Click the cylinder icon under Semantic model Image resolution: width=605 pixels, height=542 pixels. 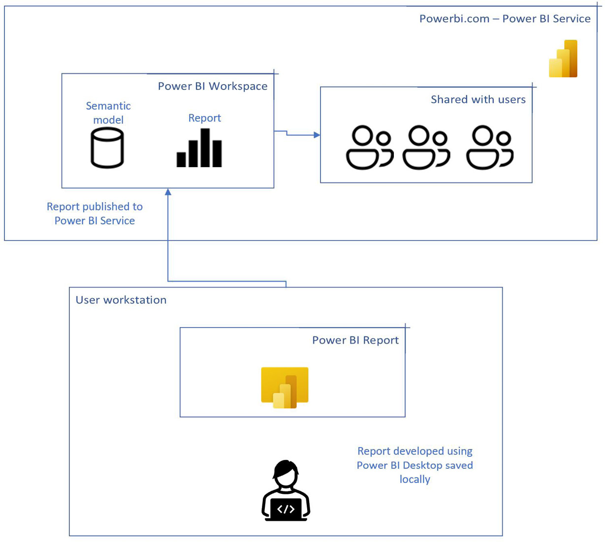click(x=107, y=148)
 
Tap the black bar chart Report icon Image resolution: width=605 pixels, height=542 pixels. click(x=199, y=149)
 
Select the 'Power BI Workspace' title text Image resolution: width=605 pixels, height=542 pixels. click(x=213, y=86)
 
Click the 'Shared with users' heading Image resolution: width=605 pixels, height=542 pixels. click(x=478, y=99)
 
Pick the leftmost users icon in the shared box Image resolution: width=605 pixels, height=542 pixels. click(x=369, y=148)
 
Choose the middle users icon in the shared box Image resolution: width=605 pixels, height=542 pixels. click(x=426, y=148)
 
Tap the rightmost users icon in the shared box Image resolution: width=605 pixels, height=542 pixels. click(x=489, y=148)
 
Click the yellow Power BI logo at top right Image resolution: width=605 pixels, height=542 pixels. click(x=564, y=59)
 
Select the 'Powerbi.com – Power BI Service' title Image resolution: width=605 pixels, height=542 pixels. click(x=505, y=19)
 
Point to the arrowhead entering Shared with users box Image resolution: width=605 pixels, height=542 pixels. click(x=317, y=135)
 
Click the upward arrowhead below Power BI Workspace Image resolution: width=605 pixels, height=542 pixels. click(x=168, y=192)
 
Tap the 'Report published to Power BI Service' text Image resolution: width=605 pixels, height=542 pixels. click(x=95, y=213)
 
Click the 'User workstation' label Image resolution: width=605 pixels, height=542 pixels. click(x=121, y=300)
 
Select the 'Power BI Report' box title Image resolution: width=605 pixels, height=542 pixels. click(x=355, y=340)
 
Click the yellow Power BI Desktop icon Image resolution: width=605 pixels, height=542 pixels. click(x=285, y=388)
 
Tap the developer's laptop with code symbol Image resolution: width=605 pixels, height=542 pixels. click(x=286, y=510)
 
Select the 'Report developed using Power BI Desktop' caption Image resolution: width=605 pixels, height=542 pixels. click(x=414, y=465)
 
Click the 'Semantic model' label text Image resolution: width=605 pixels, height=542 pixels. click(x=108, y=113)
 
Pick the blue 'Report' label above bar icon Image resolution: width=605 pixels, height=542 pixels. click(x=204, y=118)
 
